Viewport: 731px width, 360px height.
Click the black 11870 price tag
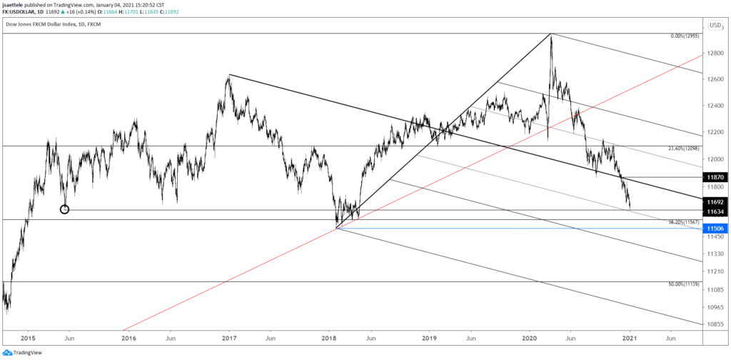point(716,176)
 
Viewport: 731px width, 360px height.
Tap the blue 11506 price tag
point(716,229)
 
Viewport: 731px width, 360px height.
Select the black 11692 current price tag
point(716,202)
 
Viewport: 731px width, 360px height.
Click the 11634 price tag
point(716,211)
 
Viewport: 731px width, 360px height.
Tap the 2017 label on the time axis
point(229,337)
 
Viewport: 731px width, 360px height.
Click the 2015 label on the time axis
point(28,337)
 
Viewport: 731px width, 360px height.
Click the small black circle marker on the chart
point(65,209)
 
